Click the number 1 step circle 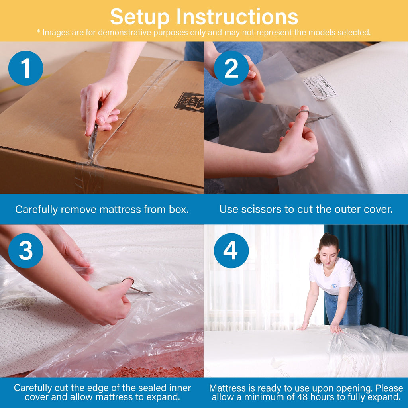point(25,68)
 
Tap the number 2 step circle point(231,68)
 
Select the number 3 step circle point(25,251)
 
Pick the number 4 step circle point(231,251)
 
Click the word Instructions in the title point(237,17)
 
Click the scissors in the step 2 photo point(315,116)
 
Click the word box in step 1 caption point(179,209)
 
